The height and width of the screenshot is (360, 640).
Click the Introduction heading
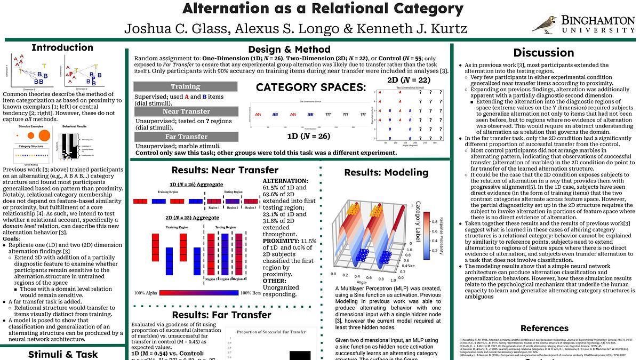pyautogui.click(x=62, y=47)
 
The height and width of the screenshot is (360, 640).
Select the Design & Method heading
pyautogui.click(x=289, y=50)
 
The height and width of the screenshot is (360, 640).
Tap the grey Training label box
pyautogui.click(x=185, y=86)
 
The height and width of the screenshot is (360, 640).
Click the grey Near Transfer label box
pyautogui.click(x=185, y=111)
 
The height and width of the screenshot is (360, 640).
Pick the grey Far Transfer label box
pyautogui.click(x=185, y=137)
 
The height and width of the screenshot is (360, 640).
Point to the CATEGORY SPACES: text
pyautogui.click(x=311, y=87)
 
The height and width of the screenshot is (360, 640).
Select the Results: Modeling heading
pyautogui.click(x=386, y=172)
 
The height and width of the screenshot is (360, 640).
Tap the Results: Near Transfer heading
pyautogui.click(x=225, y=170)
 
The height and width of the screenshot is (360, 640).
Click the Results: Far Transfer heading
pyautogui.click(x=221, y=315)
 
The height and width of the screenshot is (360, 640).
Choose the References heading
pyautogui.click(x=544, y=328)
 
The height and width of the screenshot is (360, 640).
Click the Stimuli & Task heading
pyautogui.click(x=63, y=354)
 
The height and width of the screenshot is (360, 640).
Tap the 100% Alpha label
pyautogui.click(x=146, y=293)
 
